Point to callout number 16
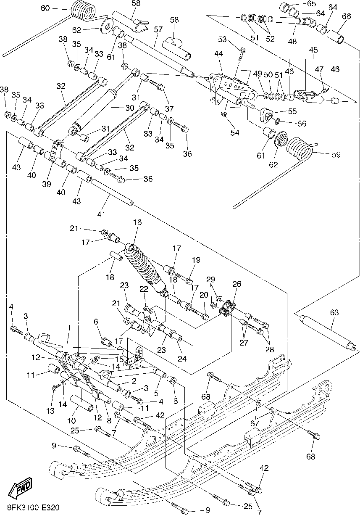point(138,222)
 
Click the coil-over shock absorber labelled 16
point(145,269)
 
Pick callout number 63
point(334,313)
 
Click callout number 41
point(101,215)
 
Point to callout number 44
point(218,54)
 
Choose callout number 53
point(222,40)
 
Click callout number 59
point(336,155)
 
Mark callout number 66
point(346,16)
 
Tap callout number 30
point(129,108)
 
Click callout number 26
point(237,284)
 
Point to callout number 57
point(158,29)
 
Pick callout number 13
point(50,411)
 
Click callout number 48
point(292,41)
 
